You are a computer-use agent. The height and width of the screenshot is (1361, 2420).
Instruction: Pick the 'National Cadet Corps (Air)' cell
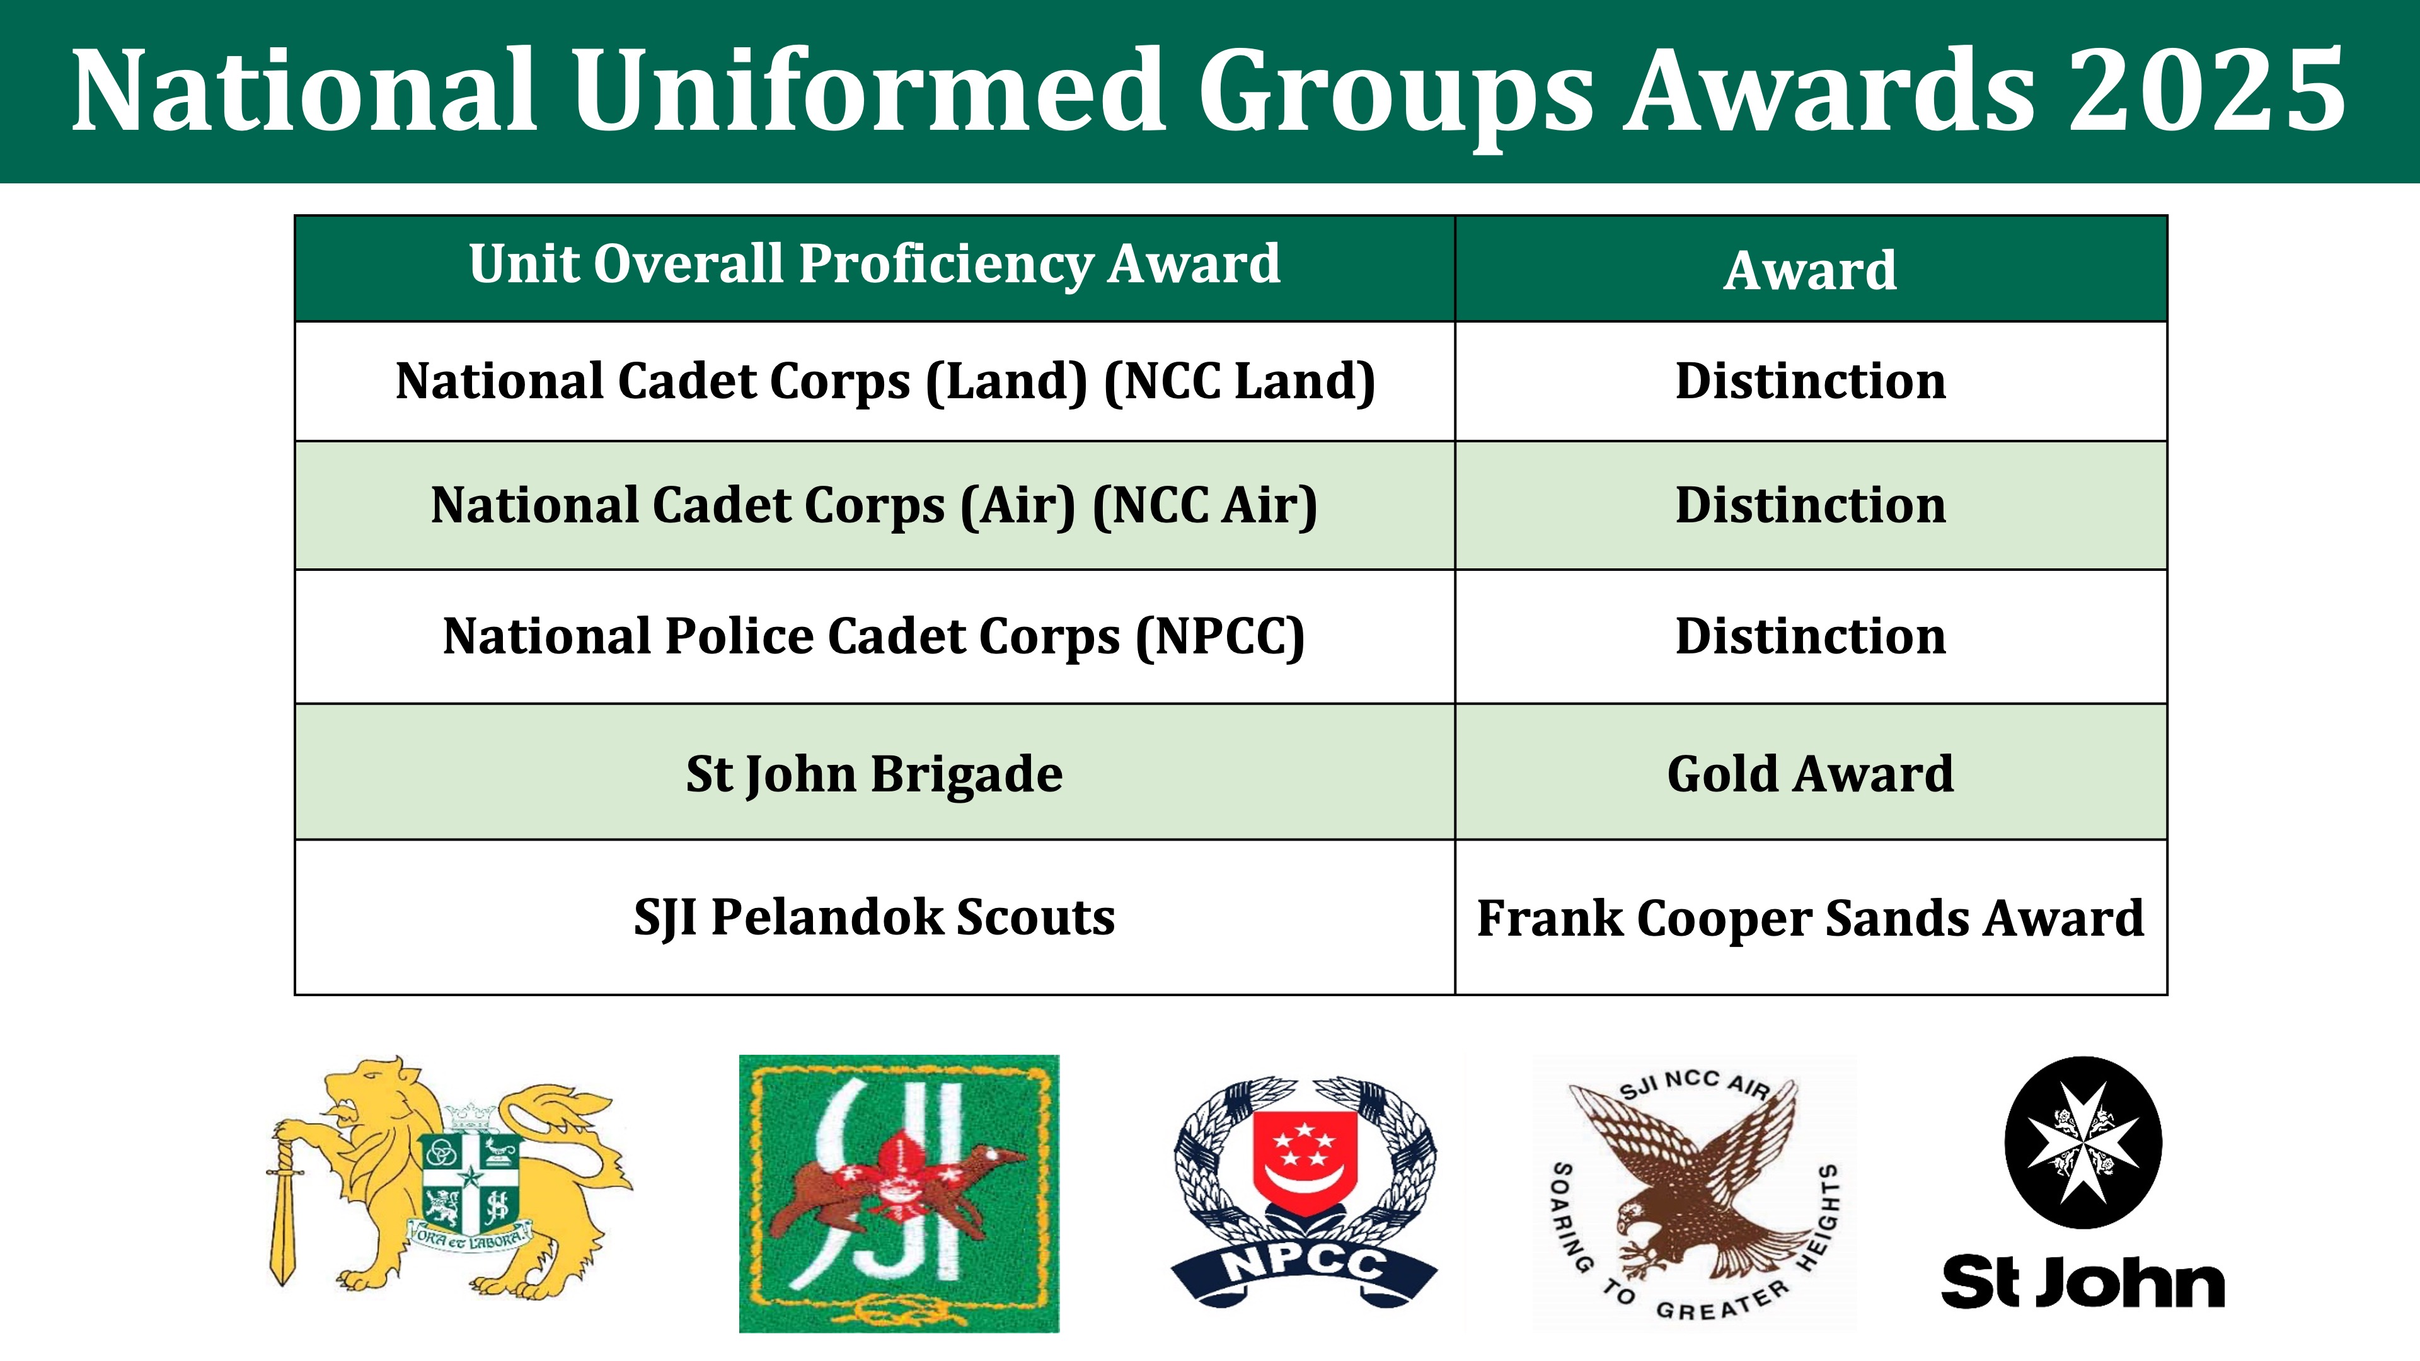(875, 506)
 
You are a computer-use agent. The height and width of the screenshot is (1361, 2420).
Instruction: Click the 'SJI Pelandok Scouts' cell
(875, 917)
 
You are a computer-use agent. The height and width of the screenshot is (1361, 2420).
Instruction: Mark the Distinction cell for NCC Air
(1811, 505)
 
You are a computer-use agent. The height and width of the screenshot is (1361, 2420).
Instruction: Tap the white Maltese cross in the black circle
(2083, 1142)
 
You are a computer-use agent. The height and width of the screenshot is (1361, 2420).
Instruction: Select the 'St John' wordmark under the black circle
(2083, 1282)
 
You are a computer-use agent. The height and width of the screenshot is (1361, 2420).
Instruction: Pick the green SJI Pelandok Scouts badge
(899, 1193)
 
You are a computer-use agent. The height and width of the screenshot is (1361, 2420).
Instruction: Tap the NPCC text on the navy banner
(1304, 1266)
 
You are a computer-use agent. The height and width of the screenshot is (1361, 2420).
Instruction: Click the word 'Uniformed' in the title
(870, 91)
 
